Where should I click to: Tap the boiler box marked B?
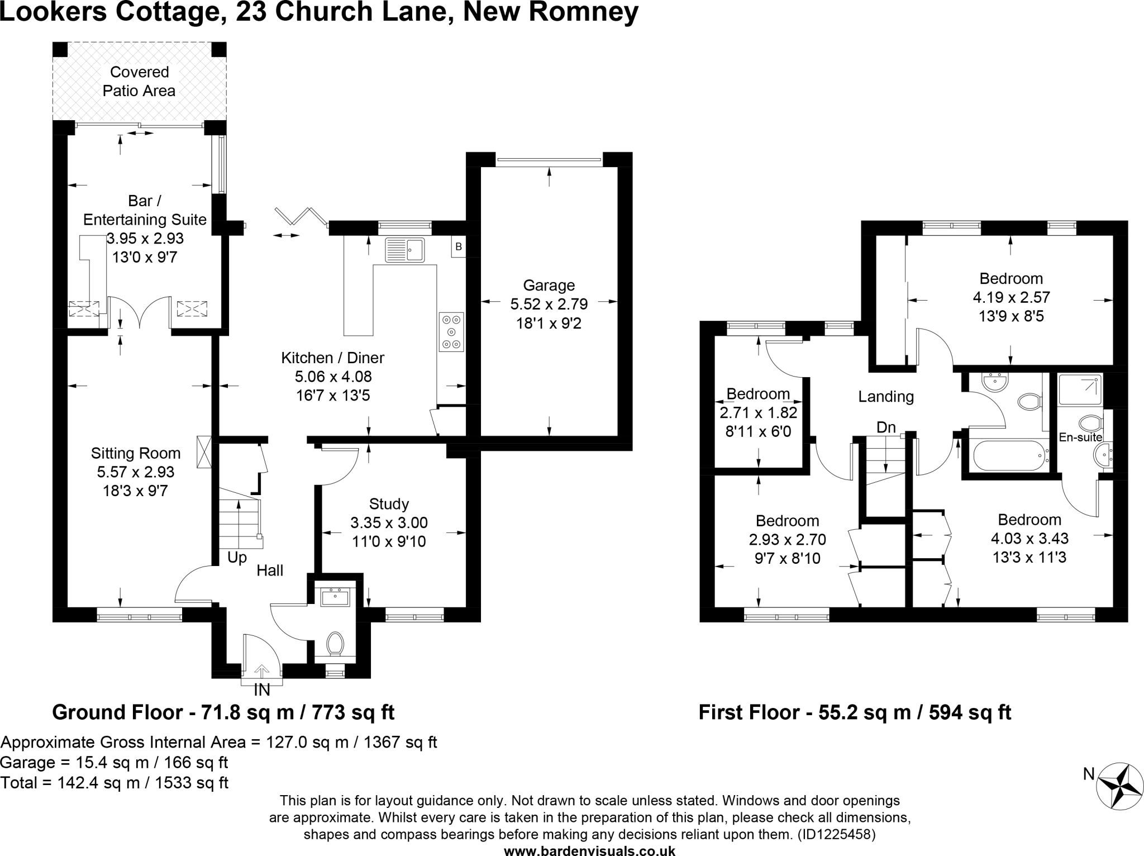(x=459, y=246)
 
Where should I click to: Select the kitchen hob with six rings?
(x=451, y=331)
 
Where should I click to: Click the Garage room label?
(x=549, y=286)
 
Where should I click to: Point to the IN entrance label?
(x=262, y=691)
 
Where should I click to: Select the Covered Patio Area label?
(x=139, y=82)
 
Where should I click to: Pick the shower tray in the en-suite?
(x=1081, y=390)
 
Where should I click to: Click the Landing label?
(x=886, y=397)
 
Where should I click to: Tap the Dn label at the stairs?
(x=886, y=427)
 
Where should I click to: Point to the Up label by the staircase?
(x=237, y=558)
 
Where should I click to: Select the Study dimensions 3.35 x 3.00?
(x=389, y=523)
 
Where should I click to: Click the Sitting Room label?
(x=136, y=453)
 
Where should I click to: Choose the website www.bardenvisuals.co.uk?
(x=589, y=850)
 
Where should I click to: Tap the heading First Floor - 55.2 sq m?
(x=855, y=712)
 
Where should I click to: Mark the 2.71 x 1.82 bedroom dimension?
(x=758, y=413)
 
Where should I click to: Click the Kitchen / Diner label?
(x=332, y=358)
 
